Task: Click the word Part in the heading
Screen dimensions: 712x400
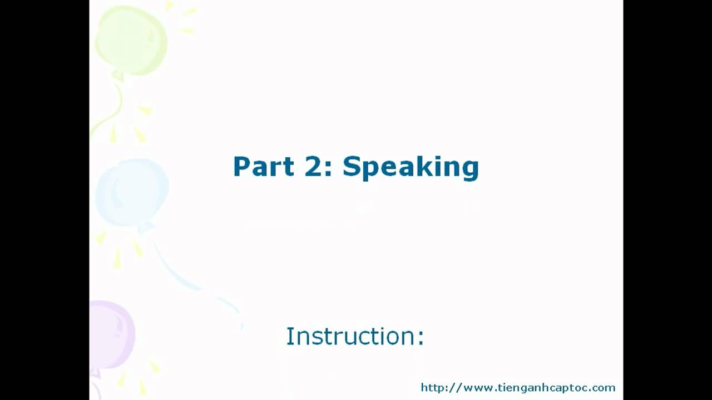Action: (264, 166)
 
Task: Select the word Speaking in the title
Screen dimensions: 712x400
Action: (411, 168)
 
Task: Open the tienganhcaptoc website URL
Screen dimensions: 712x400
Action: (518, 388)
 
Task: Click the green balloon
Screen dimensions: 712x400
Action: (131, 41)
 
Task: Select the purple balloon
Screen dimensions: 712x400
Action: (111, 335)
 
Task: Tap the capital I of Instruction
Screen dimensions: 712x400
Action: (289, 336)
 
